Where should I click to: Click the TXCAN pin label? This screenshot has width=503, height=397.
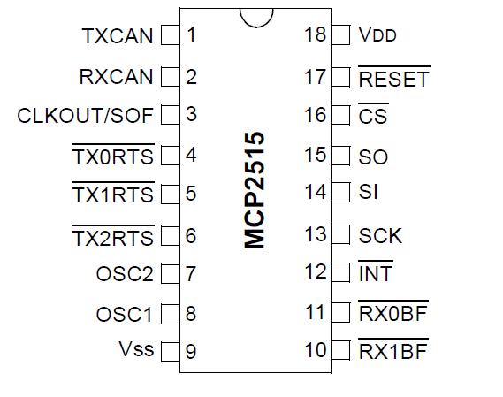coord(118,35)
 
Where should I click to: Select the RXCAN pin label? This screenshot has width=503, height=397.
coord(116,77)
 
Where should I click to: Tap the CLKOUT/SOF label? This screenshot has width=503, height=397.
coord(85,116)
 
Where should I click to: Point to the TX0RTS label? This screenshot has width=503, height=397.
coord(113,155)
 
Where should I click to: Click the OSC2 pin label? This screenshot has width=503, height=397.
coord(125,274)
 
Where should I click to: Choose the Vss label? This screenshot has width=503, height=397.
coord(136,349)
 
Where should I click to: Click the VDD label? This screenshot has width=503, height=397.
coord(377,34)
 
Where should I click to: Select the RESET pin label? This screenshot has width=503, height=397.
coord(394,77)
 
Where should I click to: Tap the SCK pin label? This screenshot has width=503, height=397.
coord(380,236)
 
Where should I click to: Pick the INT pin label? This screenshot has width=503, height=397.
coord(376,271)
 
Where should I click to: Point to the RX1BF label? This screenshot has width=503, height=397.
coord(393,349)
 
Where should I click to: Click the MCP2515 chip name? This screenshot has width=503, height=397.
coord(255,190)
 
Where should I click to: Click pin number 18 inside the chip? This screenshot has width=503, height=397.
coord(315,34)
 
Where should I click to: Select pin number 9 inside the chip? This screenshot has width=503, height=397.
coord(191,351)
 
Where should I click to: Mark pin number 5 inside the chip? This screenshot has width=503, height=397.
coord(191,194)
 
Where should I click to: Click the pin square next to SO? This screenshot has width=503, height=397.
coord(340,156)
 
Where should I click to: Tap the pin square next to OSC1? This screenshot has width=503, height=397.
coord(171,314)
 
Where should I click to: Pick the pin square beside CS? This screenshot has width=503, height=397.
coord(340,115)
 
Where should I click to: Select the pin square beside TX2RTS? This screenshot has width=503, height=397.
coord(171,236)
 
